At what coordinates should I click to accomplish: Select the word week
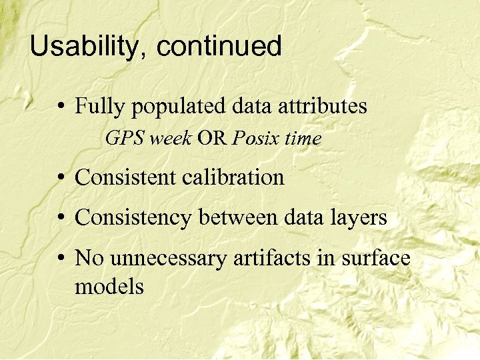point(171,139)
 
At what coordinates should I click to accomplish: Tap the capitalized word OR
point(213,139)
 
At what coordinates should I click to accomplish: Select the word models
point(109,287)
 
